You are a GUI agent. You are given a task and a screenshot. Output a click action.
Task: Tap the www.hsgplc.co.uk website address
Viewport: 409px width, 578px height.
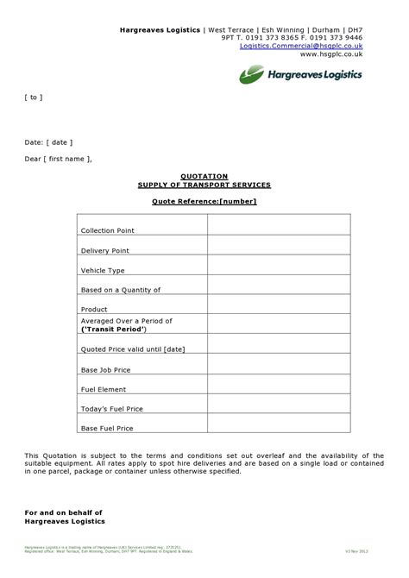tap(331, 53)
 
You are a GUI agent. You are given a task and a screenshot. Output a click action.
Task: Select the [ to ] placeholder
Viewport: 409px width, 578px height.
tap(33, 97)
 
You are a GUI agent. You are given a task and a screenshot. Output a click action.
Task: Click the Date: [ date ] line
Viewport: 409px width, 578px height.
tap(48, 141)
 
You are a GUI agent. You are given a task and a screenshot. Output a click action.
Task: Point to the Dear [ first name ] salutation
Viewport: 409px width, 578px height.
tap(58, 159)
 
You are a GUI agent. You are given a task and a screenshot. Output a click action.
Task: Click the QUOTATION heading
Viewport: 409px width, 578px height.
tap(204, 175)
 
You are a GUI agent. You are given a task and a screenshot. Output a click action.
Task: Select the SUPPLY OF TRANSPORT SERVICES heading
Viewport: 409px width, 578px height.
tap(204, 185)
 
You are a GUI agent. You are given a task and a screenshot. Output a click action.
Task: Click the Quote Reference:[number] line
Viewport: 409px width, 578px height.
tap(204, 201)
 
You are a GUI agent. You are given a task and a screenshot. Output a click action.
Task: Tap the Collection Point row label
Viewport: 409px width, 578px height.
tap(107, 230)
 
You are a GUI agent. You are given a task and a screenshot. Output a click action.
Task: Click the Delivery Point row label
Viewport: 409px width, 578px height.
tap(104, 250)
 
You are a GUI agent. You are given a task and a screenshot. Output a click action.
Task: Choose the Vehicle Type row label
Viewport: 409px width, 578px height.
tap(103, 270)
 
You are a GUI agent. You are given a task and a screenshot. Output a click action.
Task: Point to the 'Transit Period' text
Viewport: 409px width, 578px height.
tap(115, 329)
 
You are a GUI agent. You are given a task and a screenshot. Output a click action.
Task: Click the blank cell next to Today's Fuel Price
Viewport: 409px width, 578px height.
tap(279, 408)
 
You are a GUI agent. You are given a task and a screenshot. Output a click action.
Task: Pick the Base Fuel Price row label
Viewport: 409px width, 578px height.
tap(106, 428)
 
